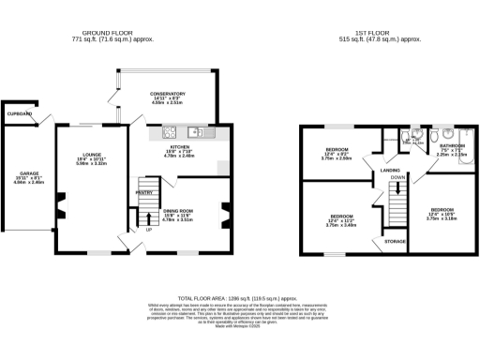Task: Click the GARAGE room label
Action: (x=21, y=173)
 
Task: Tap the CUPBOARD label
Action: (x=19, y=113)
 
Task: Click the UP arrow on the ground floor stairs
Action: (x=147, y=229)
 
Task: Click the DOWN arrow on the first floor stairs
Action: (x=397, y=176)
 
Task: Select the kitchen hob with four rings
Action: (x=170, y=130)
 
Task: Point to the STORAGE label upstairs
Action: (x=396, y=242)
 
